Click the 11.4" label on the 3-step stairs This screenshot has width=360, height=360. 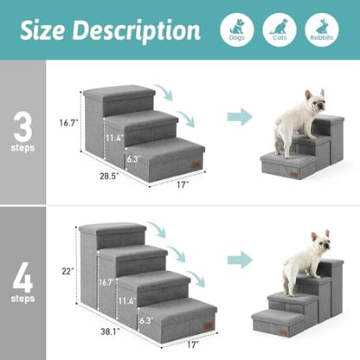click(x=114, y=138)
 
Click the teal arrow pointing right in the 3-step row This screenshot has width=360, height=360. click(x=240, y=117)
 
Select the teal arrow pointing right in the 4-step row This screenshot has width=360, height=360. click(x=240, y=259)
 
